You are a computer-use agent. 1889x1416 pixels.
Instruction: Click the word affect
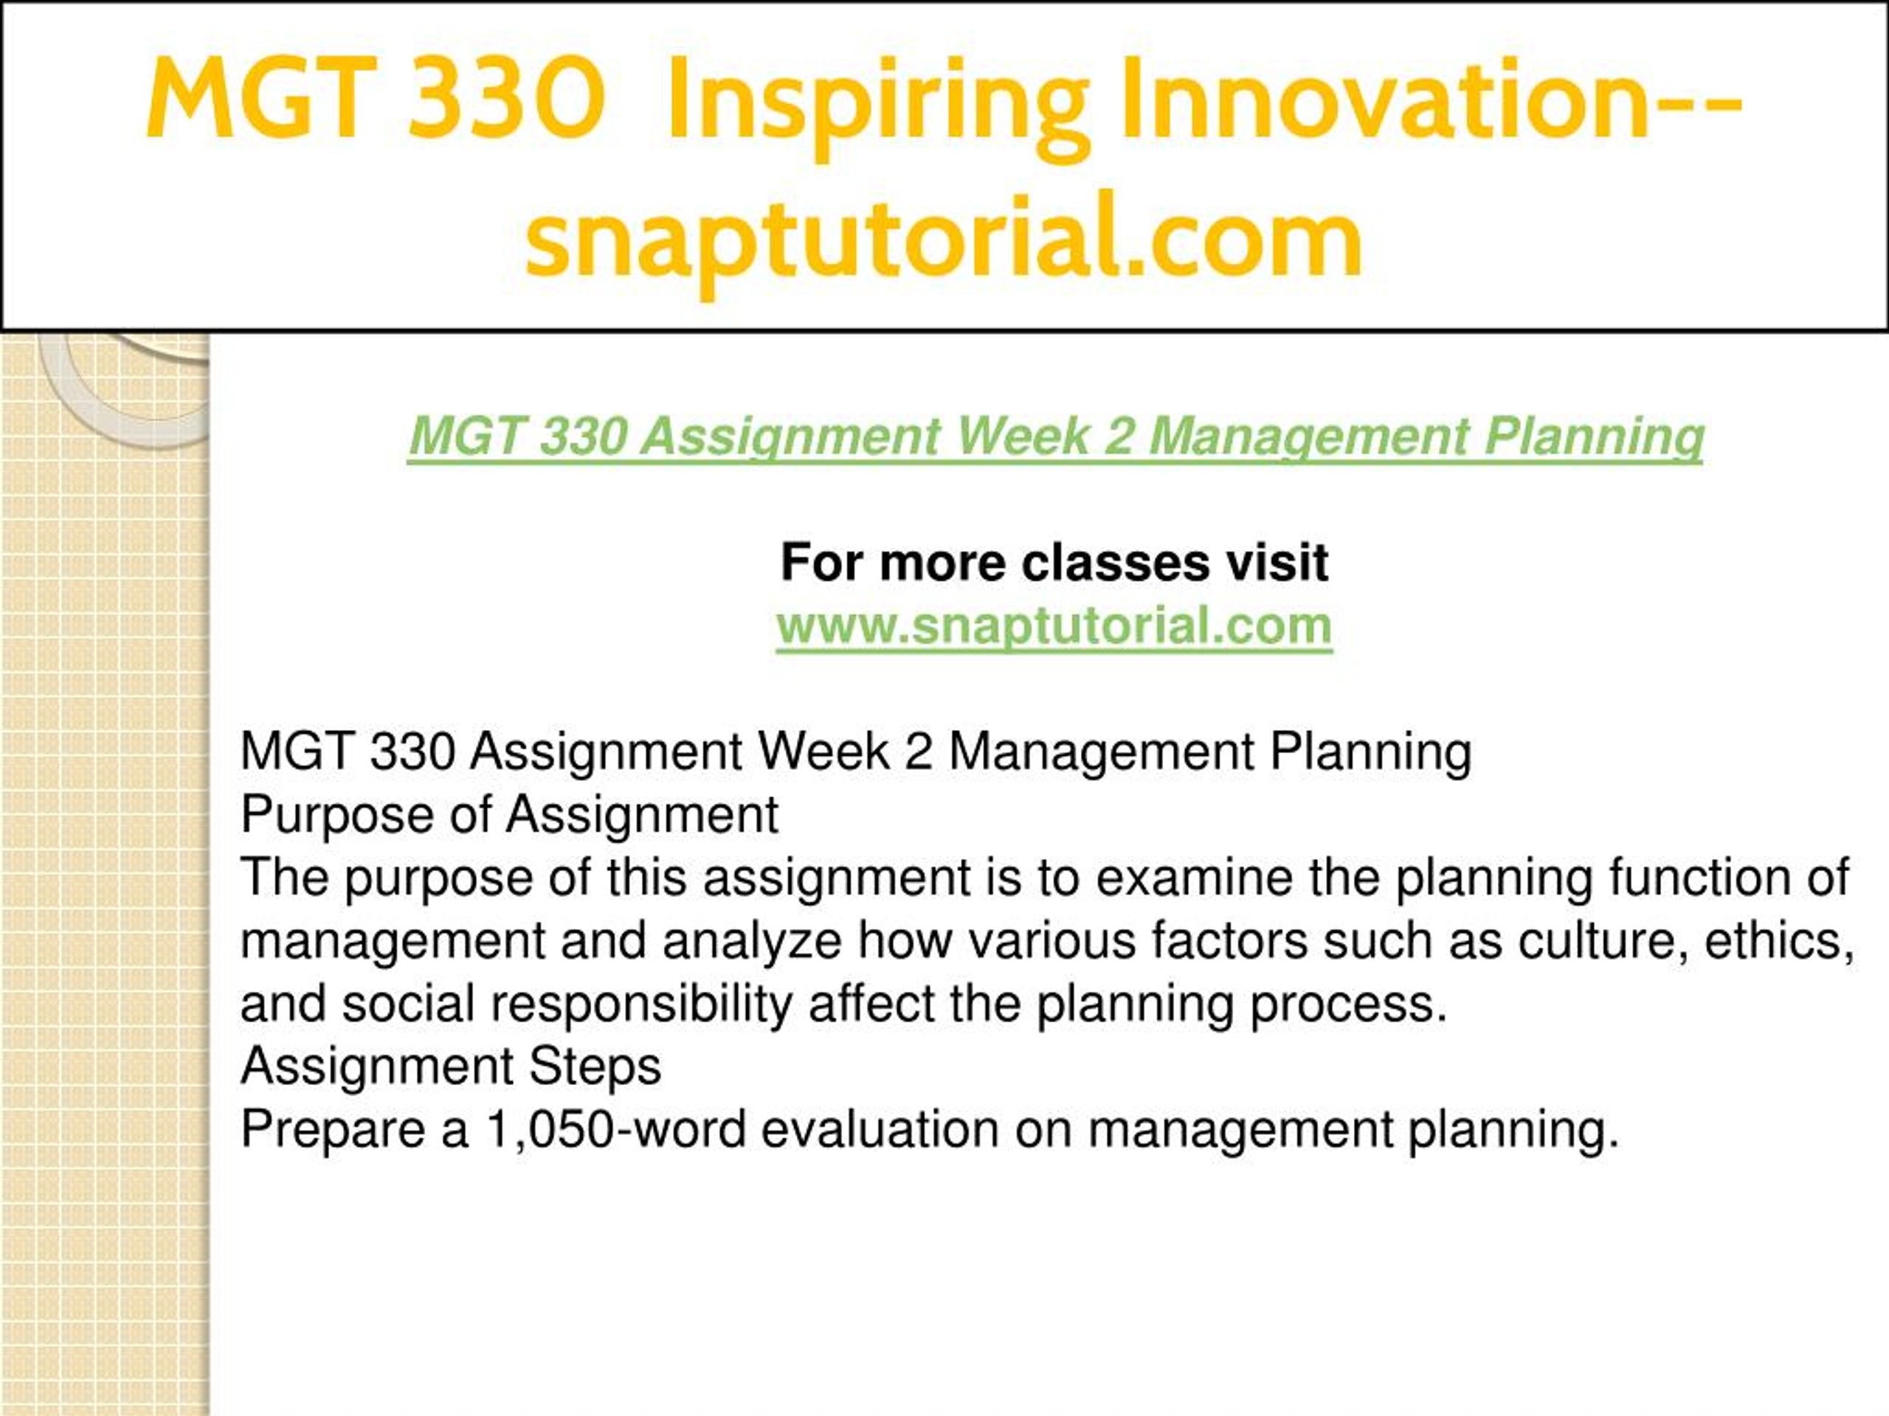[871, 1004]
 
